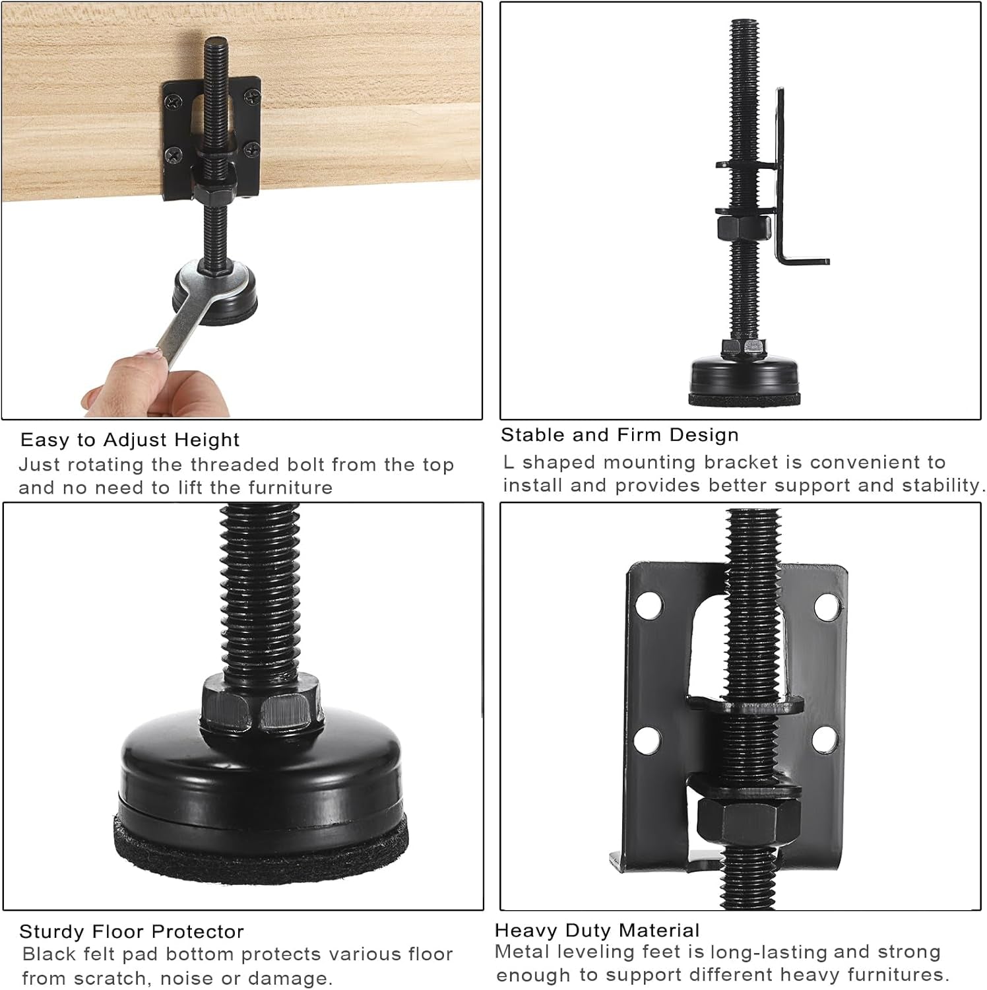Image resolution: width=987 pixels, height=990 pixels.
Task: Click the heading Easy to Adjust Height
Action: coord(130,440)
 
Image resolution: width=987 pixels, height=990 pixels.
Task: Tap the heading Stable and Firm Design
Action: coord(620,435)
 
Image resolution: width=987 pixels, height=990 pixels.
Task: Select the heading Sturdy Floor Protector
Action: coord(131,931)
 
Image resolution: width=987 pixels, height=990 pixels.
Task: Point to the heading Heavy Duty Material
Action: coord(596,930)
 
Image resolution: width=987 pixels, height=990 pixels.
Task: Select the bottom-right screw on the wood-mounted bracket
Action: coord(249,152)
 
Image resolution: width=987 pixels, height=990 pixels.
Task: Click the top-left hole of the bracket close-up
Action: coord(649,604)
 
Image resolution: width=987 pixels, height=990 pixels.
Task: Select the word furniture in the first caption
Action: coord(290,488)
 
